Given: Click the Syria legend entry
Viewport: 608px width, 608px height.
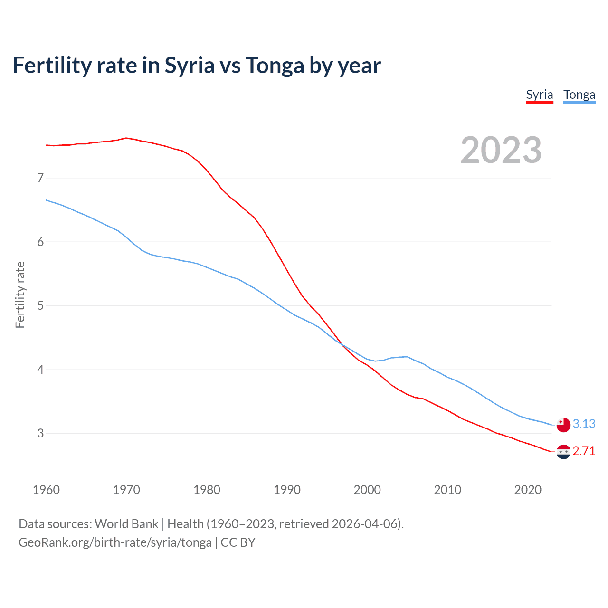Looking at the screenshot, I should coord(540,95).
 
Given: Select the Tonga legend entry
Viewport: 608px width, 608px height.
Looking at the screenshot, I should coord(579,95).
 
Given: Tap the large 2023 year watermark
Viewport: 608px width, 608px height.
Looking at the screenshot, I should coord(501,150).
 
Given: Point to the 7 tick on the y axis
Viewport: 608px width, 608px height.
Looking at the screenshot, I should coord(40,178).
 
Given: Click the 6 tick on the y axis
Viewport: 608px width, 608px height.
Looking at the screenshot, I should coord(40,242).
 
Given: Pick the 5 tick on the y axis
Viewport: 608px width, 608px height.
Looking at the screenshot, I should coord(40,305).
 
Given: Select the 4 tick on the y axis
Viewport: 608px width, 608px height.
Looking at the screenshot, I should coord(40,370).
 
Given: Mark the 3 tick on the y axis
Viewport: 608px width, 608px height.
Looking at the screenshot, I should coord(40,433).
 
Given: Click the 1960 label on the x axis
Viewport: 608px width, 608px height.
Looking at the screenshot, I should coord(46,490).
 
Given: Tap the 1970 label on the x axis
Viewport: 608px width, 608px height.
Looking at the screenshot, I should coord(126,490).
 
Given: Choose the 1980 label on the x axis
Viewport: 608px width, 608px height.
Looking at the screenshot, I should coord(207,490).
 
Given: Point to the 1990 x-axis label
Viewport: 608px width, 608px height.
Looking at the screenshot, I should coord(287,490).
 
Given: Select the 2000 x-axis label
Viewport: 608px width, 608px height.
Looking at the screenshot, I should coord(367,490).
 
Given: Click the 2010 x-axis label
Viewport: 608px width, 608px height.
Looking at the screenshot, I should coord(447,490).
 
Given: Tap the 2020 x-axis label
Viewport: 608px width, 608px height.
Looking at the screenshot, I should coord(528,490).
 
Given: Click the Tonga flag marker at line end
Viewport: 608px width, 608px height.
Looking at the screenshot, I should coord(563,425).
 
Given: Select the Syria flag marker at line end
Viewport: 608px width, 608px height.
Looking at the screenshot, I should coord(563,452).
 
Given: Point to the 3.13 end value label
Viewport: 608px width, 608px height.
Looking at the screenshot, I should coord(584,424).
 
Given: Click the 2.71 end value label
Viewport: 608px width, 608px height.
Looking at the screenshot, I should coord(584,451).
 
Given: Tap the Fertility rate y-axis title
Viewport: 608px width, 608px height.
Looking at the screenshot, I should coord(20,294).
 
